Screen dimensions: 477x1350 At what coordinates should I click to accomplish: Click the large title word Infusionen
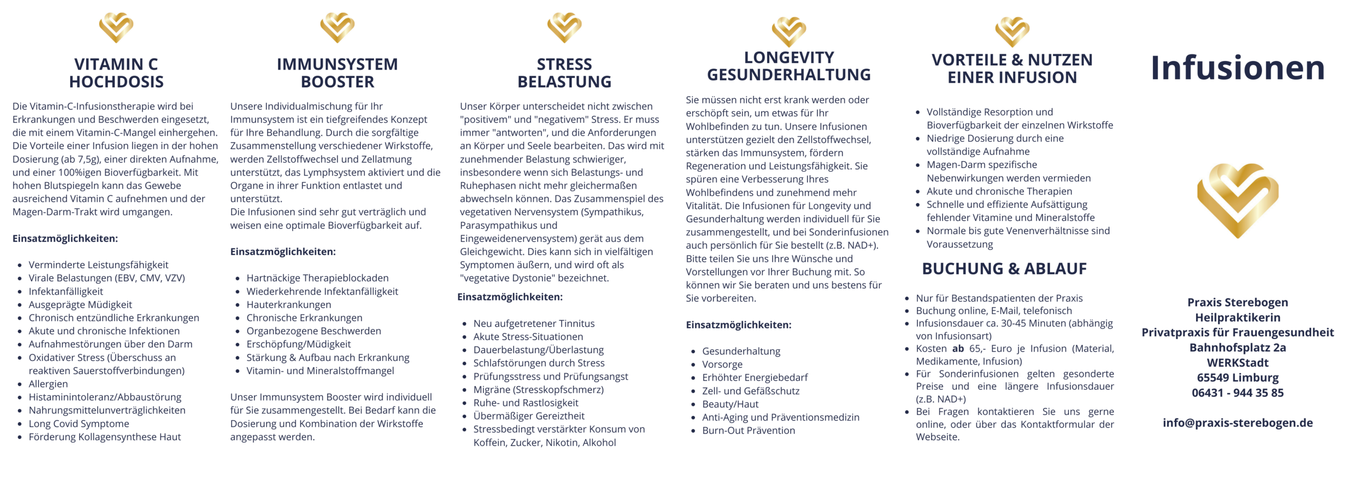[1237, 68]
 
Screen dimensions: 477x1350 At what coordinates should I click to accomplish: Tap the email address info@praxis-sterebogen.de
[1237, 423]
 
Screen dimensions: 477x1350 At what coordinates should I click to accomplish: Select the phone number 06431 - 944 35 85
[1237, 393]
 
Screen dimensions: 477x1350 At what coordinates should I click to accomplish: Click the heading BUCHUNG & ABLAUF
[1004, 269]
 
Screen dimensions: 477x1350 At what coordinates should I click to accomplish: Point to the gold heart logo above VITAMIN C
[116, 27]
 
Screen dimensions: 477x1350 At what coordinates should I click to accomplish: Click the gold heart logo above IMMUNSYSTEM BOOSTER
[337, 27]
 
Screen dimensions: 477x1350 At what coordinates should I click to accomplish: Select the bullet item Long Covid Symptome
[79, 424]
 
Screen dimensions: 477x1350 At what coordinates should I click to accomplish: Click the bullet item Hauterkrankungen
[288, 305]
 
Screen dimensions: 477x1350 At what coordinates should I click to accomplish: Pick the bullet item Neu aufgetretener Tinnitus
[534, 324]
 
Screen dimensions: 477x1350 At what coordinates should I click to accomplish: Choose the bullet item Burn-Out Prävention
[748, 431]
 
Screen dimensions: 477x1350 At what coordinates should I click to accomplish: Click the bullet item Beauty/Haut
[730, 404]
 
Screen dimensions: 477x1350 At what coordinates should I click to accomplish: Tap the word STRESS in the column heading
[564, 64]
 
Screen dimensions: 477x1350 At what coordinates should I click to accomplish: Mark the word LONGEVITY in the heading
[789, 57]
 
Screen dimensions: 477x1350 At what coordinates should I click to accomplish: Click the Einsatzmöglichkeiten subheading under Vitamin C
[65, 239]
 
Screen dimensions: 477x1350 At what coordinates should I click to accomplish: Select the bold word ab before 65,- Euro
[958, 348]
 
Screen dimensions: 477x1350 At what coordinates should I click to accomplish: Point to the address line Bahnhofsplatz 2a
[1237, 348]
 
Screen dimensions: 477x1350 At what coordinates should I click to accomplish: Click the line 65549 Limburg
[1237, 378]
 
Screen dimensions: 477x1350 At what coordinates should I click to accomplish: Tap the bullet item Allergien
[48, 384]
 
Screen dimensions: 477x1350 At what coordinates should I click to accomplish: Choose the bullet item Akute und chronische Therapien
[999, 191]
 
